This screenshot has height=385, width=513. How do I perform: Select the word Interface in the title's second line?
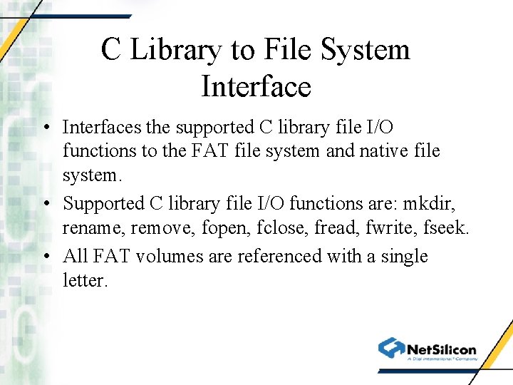pos(256,87)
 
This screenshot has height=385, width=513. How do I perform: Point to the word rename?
pos(88,228)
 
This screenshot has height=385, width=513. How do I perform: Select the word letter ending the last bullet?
pos(84,280)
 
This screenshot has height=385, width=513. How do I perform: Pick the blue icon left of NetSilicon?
pos(391,347)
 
